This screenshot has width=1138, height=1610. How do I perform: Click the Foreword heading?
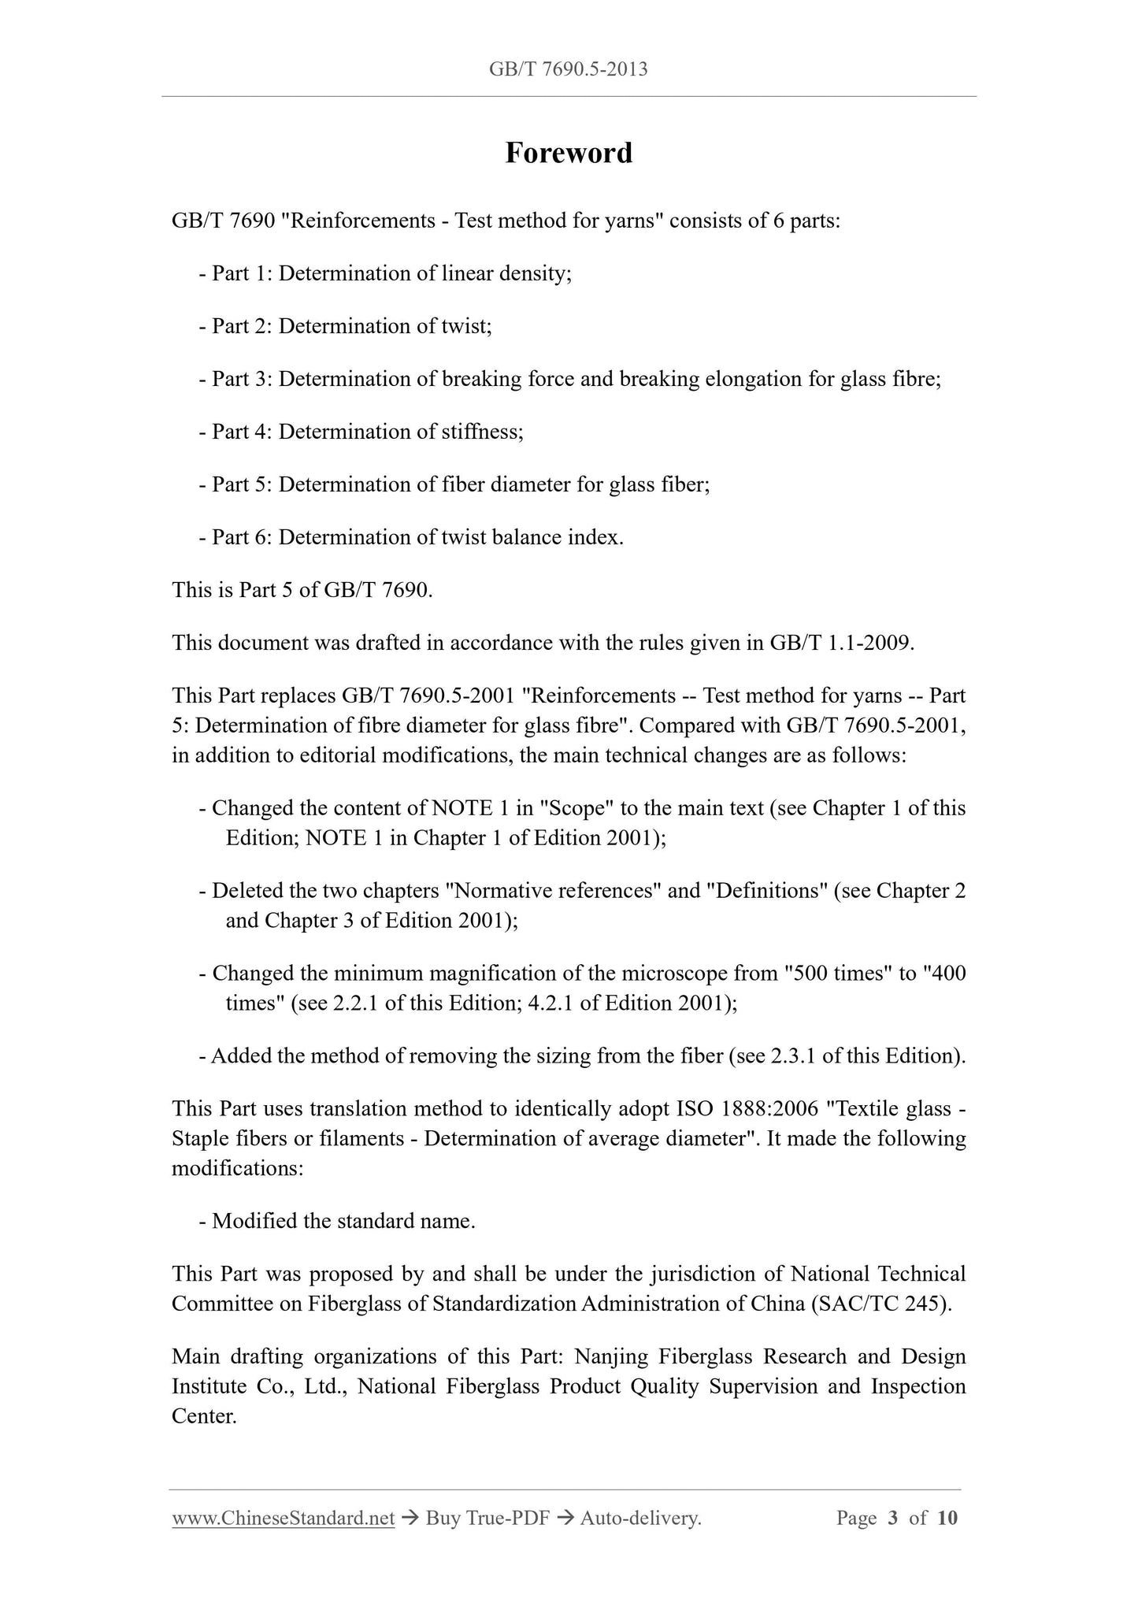[x=569, y=153]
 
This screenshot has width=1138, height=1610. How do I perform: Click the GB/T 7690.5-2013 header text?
[x=569, y=69]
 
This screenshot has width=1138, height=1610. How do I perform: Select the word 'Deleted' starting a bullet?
[x=247, y=891]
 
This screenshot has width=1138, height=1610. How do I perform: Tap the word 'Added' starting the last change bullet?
[x=240, y=1056]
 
